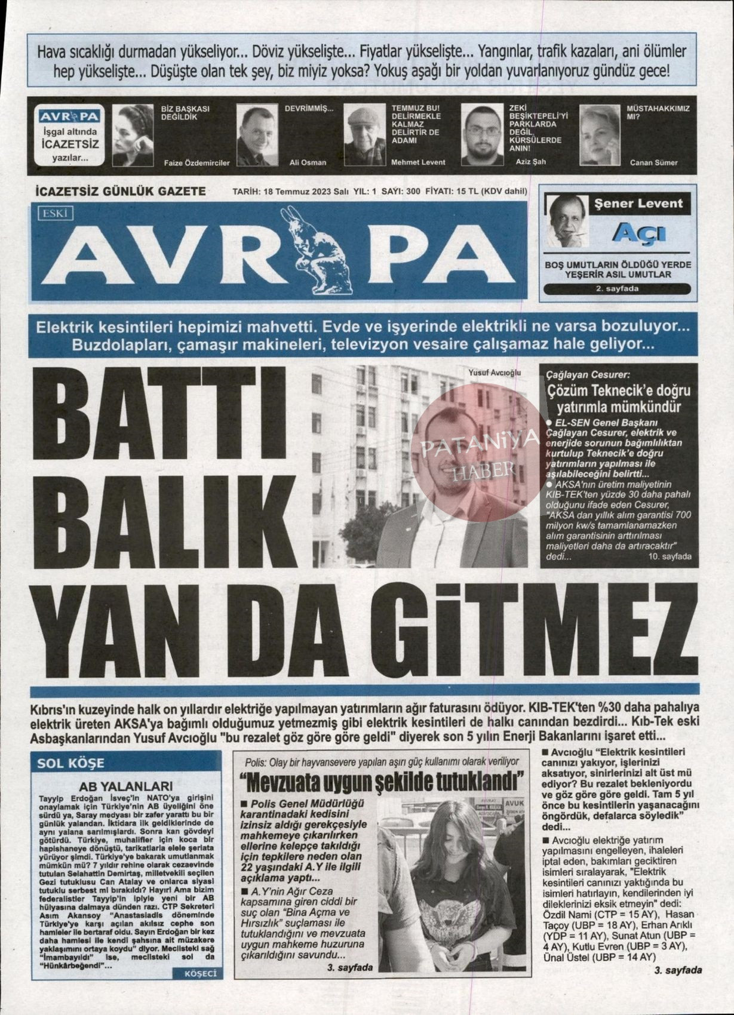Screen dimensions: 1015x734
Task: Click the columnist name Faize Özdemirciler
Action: click(196, 162)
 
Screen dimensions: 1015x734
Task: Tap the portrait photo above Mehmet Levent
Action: click(364, 136)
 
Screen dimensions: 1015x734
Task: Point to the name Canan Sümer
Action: click(653, 162)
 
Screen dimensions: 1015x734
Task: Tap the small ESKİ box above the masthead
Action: click(54, 211)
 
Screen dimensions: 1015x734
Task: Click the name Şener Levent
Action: click(638, 204)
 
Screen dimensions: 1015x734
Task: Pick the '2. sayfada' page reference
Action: click(617, 289)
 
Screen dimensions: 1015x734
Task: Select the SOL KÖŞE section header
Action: click(70, 762)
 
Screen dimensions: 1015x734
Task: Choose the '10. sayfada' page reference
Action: click(669, 556)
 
